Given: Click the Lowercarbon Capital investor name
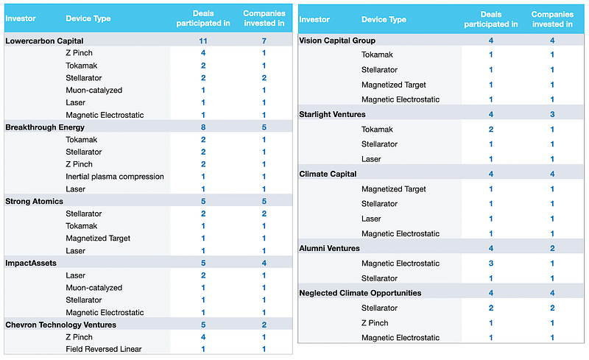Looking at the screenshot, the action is click(44, 40).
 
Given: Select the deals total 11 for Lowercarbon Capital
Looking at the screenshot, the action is click(203, 40).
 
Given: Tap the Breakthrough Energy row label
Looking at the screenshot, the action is click(45, 127).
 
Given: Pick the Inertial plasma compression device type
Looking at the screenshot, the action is click(115, 177).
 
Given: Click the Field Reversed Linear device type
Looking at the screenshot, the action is click(104, 349).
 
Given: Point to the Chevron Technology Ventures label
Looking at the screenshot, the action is click(61, 325).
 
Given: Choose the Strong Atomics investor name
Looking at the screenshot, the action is click(34, 202).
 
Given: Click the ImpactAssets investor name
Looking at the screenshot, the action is click(31, 263).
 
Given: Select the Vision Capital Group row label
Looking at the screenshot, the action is click(337, 40).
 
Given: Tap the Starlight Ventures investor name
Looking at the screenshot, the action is click(333, 114).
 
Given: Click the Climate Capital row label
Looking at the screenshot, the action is click(328, 174).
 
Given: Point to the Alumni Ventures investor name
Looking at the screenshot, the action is click(329, 248).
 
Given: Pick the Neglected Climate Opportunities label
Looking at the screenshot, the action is click(360, 293).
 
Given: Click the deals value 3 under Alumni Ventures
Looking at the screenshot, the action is click(491, 264).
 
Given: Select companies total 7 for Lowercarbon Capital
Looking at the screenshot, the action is click(264, 40).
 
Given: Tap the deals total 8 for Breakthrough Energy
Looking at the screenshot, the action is click(203, 127).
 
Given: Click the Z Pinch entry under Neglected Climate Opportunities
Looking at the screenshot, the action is click(375, 322).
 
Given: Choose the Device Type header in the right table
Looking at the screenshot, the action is click(384, 20).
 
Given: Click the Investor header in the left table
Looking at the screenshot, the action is click(21, 18).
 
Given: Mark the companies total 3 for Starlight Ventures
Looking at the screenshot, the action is click(552, 114).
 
